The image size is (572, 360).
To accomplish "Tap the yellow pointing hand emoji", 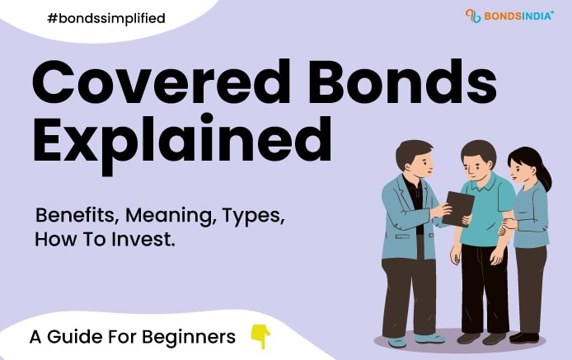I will coord(260,335).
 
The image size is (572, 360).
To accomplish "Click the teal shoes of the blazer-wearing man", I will coord(412,338).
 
